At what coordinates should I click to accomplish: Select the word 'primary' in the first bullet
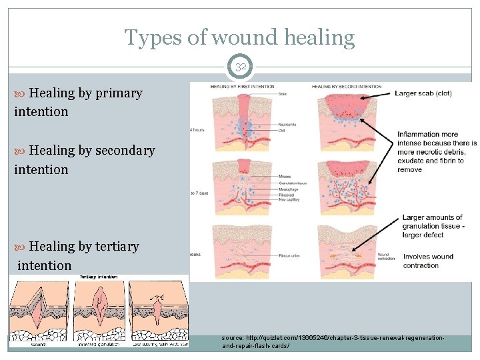coord(119,93)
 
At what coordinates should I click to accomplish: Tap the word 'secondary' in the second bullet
coord(125,151)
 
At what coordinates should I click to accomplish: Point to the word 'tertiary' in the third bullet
coord(117,246)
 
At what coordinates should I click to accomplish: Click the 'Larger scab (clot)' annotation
coord(423,93)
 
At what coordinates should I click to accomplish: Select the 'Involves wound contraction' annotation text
coord(428,261)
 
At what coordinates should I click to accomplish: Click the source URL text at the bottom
coord(333,343)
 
